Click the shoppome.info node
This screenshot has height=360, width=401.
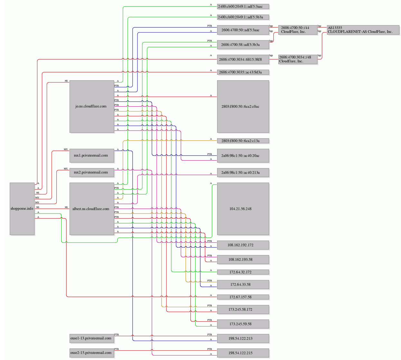pyautogui.click(x=22, y=209)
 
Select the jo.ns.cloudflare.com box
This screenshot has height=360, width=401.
pyautogui.click(x=92, y=107)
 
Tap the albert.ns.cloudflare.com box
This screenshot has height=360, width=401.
pyautogui.click(x=92, y=209)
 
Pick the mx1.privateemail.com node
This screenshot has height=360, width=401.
pyautogui.click(x=92, y=156)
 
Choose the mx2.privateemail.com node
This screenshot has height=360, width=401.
pyautogui.click(x=92, y=172)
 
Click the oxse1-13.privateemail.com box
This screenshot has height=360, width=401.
pyautogui.click(x=92, y=338)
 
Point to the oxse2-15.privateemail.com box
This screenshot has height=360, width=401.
pyautogui.click(x=92, y=353)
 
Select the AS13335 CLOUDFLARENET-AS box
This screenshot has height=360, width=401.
pyautogui.click(x=363, y=30)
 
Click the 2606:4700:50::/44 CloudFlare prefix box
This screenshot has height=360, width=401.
pyautogui.click(x=298, y=30)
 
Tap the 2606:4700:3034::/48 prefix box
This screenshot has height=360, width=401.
pyautogui.click(x=298, y=59)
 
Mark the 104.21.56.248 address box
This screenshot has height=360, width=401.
pyautogui.click(x=243, y=209)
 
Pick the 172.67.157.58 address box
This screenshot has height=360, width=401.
pyautogui.click(x=243, y=297)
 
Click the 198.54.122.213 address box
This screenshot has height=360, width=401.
pyautogui.click(x=243, y=338)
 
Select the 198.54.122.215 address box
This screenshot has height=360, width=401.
pyautogui.click(x=243, y=353)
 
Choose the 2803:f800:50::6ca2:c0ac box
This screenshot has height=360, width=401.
pyautogui.click(x=243, y=107)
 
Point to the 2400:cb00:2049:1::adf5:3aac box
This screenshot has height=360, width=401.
pyautogui.click(x=243, y=6)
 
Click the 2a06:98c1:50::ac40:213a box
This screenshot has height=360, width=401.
pyautogui.click(x=243, y=172)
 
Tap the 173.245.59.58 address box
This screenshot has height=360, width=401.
pyautogui.click(x=243, y=324)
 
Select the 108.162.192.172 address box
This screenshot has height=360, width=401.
pyautogui.click(x=243, y=245)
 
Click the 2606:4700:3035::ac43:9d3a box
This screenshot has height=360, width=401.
pyautogui.click(x=243, y=72)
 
